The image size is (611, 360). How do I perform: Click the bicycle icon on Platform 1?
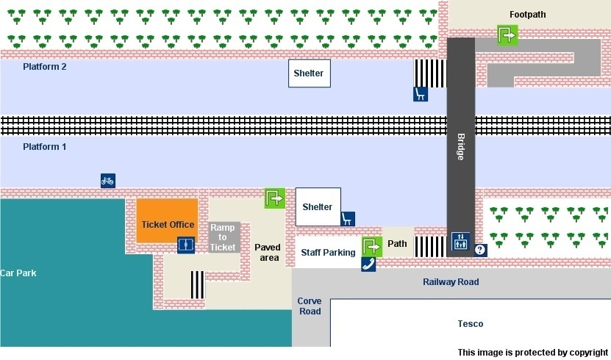coord(108,181)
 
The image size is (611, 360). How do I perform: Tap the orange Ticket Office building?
coord(167,220)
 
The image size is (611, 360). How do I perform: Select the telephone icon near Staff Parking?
coord(368,264)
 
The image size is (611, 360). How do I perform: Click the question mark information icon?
coord(480,250)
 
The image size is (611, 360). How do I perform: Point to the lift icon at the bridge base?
coord(460,241)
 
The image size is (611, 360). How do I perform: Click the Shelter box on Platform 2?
coord(310,73)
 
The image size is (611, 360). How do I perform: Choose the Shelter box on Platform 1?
coord(318,206)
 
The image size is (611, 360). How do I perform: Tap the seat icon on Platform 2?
coord(421,94)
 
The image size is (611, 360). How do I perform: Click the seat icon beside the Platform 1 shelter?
coord(348,219)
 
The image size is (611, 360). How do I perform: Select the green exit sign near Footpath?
coord(507,35)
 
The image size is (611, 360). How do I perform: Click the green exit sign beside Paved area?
coord(275,198)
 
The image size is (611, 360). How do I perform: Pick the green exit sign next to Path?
coord(372,247)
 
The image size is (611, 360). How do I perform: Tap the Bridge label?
coord(460,147)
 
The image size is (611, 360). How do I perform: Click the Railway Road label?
coord(451,282)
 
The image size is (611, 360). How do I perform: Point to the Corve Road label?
coord(310,306)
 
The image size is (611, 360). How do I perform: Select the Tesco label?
coord(471,323)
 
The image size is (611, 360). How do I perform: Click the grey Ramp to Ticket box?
coord(223,237)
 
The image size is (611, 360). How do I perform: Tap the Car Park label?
coord(18,273)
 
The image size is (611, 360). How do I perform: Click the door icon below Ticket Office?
coord(186,245)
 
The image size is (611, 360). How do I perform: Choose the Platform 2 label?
coord(44,67)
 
